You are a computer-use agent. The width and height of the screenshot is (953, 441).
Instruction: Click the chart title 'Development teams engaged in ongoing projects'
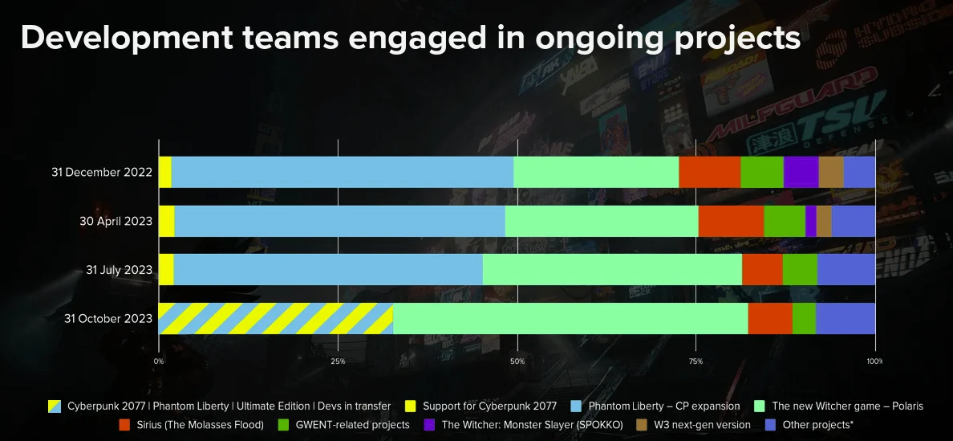click(410, 38)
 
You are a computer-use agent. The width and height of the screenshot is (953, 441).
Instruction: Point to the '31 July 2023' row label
click(119, 270)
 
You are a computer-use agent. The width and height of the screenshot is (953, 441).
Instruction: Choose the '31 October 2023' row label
click(108, 319)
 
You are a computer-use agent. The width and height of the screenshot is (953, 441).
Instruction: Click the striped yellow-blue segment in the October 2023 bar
click(275, 319)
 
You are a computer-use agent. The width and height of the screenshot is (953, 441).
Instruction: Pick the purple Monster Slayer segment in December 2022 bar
click(801, 172)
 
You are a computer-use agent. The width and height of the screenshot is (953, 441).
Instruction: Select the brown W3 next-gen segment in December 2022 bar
click(830, 172)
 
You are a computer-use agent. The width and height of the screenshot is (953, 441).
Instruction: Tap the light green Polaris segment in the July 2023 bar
click(612, 270)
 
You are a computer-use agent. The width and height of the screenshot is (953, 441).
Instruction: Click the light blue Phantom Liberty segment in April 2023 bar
click(339, 221)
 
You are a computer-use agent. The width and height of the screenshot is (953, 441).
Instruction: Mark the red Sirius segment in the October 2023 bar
click(770, 319)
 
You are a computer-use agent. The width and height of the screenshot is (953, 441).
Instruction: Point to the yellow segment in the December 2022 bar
click(164, 172)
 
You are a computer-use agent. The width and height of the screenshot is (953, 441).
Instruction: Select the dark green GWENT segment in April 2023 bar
click(784, 221)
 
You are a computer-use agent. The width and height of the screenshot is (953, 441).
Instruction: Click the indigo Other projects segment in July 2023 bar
click(846, 270)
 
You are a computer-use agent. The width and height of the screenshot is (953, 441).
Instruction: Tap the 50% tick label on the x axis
click(517, 361)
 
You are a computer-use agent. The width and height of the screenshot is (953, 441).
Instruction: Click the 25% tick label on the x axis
click(338, 361)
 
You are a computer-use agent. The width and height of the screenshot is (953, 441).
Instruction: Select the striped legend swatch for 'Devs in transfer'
click(55, 406)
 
